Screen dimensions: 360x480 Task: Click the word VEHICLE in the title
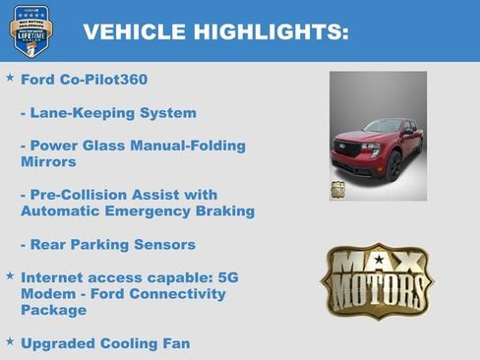(x=126, y=32)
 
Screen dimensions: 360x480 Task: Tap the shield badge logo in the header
(x=30, y=30)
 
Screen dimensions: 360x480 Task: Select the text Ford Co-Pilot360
(x=84, y=80)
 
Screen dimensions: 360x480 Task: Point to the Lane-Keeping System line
(x=108, y=113)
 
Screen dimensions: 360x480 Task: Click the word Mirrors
(x=48, y=162)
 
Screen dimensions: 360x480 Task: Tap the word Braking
(x=225, y=211)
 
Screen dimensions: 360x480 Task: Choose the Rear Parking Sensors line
(x=108, y=244)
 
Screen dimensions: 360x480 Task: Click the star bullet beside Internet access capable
(x=10, y=276)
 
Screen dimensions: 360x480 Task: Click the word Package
(x=53, y=310)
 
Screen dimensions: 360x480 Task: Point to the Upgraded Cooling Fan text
(x=105, y=343)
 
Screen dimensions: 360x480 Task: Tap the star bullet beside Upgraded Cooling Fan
(x=10, y=341)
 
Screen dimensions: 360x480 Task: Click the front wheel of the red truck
(x=394, y=166)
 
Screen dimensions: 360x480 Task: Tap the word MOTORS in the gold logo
(x=379, y=292)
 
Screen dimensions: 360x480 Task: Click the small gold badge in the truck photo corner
(x=337, y=190)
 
